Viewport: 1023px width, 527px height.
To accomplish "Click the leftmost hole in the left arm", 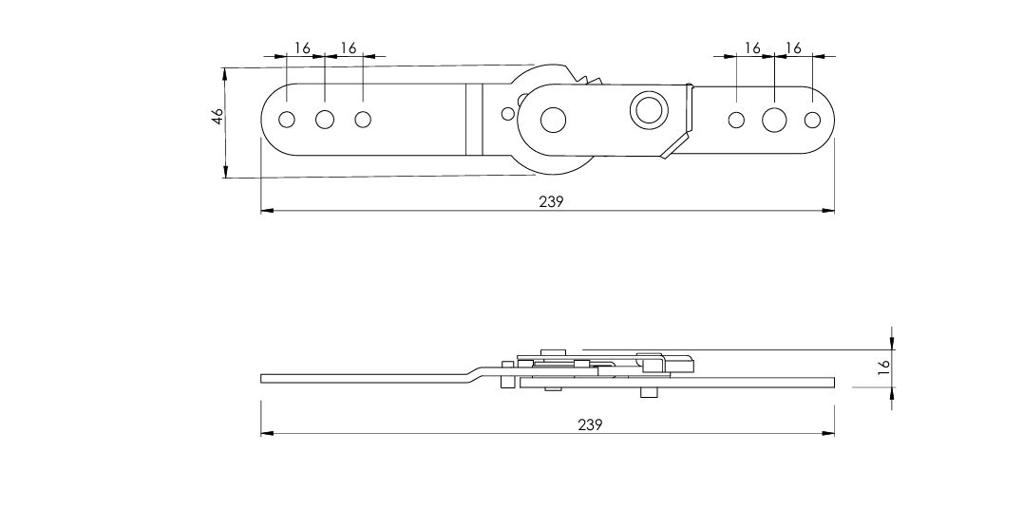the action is pos(287,120).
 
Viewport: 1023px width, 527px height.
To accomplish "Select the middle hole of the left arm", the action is pos(324,120).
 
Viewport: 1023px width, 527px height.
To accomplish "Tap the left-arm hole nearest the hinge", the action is pos(363,120).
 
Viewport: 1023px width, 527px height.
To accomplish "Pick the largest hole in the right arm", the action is pos(774,120).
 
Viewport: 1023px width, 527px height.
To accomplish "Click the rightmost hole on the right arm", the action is pos(812,120).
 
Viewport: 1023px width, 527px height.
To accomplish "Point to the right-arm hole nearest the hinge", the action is pos(736,120).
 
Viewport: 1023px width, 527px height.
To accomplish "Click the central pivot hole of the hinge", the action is pos(553,120).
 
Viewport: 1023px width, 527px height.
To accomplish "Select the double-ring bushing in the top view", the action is pos(649,109).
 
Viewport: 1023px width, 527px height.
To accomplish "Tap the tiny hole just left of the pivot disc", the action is pos(507,114).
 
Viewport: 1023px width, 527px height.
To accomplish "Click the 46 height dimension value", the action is pos(218,116).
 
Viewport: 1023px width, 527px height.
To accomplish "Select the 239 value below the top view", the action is pos(551,201).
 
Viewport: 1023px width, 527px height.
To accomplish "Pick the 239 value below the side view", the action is pos(590,424).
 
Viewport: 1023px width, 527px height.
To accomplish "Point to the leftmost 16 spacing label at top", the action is pos(302,47).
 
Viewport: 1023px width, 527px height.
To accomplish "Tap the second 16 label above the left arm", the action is pos(349,47).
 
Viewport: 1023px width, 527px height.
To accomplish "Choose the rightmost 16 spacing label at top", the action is pos(793,47).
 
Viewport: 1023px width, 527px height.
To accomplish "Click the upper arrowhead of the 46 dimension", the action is pos(226,73).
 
